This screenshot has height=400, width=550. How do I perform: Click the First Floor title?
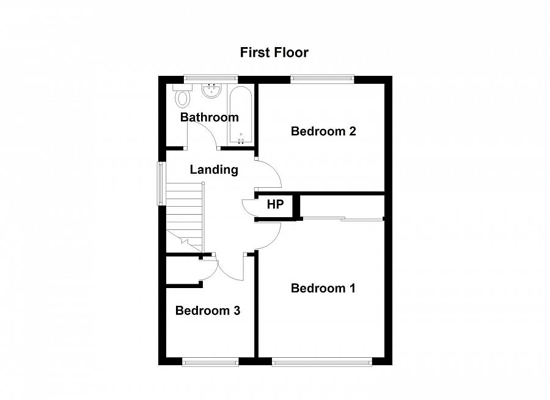(274, 53)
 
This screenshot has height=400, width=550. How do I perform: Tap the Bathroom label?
(209, 117)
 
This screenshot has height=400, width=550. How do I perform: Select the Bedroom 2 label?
(323, 131)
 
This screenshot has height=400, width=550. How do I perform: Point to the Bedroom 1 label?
(323, 288)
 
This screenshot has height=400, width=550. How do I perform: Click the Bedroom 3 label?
(208, 311)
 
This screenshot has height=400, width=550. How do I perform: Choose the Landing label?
(214, 170)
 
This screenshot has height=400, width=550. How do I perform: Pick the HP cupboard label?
(276, 204)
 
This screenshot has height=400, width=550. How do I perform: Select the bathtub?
(241, 115)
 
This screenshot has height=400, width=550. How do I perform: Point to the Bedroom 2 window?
(322, 78)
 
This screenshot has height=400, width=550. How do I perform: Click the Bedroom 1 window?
(321, 363)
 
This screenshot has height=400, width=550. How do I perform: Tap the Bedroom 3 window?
(210, 363)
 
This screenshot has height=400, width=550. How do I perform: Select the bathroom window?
(211, 78)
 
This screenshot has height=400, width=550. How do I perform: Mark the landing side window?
(161, 183)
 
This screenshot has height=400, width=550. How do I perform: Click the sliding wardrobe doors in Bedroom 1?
(343, 218)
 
